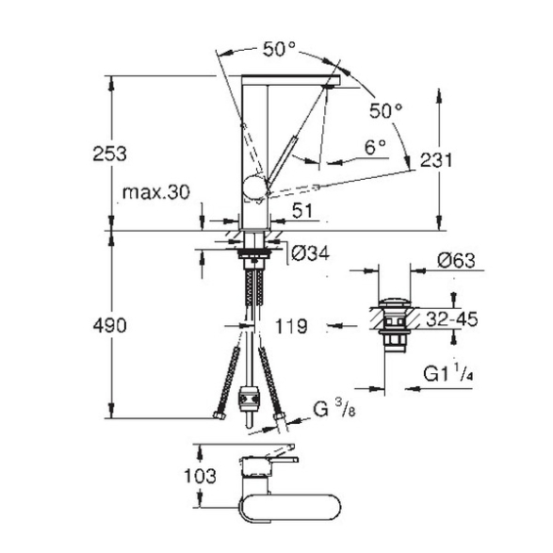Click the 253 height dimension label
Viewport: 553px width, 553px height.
[x=109, y=155]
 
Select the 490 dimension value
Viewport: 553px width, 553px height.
[x=109, y=325]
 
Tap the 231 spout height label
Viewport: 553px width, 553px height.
[x=436, y=160]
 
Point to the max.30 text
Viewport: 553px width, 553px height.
[x=155, y=192]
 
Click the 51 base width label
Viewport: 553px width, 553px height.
[x=302, y=211]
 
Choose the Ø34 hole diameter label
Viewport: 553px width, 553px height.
[x=311, y=253]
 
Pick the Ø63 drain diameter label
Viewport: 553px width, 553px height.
[x=456, y=261]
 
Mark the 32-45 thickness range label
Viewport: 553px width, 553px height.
[x=452, y=319]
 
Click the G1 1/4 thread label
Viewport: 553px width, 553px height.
[x=447, y=373]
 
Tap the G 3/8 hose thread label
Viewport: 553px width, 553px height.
[x=334, y=410]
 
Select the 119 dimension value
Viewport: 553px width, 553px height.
[x=291, y=326]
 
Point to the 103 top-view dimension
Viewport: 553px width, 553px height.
[x=200, y=476]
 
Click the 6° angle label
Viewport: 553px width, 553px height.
[x=375, y=147]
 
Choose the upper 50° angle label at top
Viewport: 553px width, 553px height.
[x=279, y=49]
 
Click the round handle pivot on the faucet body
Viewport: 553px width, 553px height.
[x=254, y=187]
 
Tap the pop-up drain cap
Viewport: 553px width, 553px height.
[x=395, y=303]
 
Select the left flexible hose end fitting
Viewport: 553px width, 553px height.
[x=220, y=415]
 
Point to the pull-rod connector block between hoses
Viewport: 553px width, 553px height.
[x=249, y=398]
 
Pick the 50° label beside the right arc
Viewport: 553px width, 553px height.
[x=386, y=111]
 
